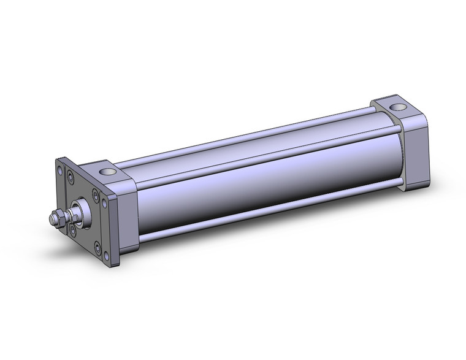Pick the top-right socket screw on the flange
[95, 196]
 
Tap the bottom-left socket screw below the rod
[73, 231]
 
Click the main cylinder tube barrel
[258, 184]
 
